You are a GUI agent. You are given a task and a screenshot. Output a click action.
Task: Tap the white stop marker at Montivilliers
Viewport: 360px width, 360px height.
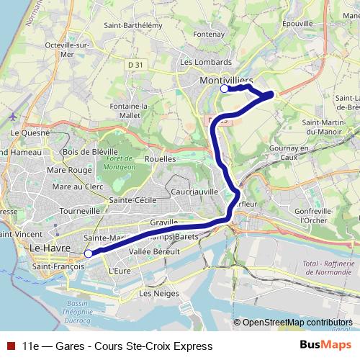(x=225, y=89)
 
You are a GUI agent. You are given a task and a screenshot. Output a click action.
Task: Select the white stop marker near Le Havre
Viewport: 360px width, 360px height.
(x=88, y=253)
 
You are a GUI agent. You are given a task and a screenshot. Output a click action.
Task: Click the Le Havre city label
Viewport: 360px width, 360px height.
(x=49, y=248)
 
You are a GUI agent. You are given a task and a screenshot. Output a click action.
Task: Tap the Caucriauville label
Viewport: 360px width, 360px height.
(x=195, y=192)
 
